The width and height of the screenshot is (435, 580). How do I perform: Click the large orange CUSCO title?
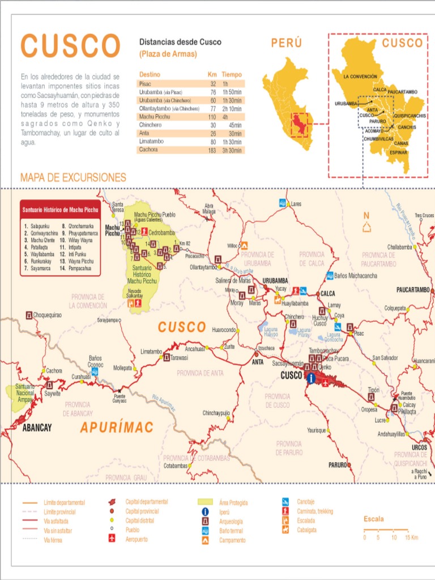click(x=70, y=45)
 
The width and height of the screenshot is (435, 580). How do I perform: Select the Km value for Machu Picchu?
click(x=213, y=116)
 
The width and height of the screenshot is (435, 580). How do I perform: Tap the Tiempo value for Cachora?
click(x=232, y=150)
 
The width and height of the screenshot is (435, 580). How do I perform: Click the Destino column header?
click(x=150, y=74)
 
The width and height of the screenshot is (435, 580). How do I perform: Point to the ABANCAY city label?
click(x=37, y=428)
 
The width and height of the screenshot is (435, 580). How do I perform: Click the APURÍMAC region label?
click(x=117, y=427)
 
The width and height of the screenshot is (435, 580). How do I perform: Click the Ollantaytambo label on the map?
click(x=203, y=267)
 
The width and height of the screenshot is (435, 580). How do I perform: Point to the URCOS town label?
click(x=419, y=447)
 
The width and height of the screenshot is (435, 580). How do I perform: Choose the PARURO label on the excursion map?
click(x=338, y=465)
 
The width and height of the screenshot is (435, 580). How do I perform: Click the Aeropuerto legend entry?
click(x=136, y=540)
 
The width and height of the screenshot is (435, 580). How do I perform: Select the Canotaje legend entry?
click(x=307, y=501)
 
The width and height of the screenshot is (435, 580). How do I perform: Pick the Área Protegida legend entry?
click(x=233, y=502)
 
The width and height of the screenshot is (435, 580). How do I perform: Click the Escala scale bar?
click(x=385, y=530)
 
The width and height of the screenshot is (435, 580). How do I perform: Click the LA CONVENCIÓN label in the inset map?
click(x=359, y=76)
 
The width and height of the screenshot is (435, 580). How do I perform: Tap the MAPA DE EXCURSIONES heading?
click(x=73, y=177)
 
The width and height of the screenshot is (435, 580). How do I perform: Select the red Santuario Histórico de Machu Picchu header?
click(x=60, y=210)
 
